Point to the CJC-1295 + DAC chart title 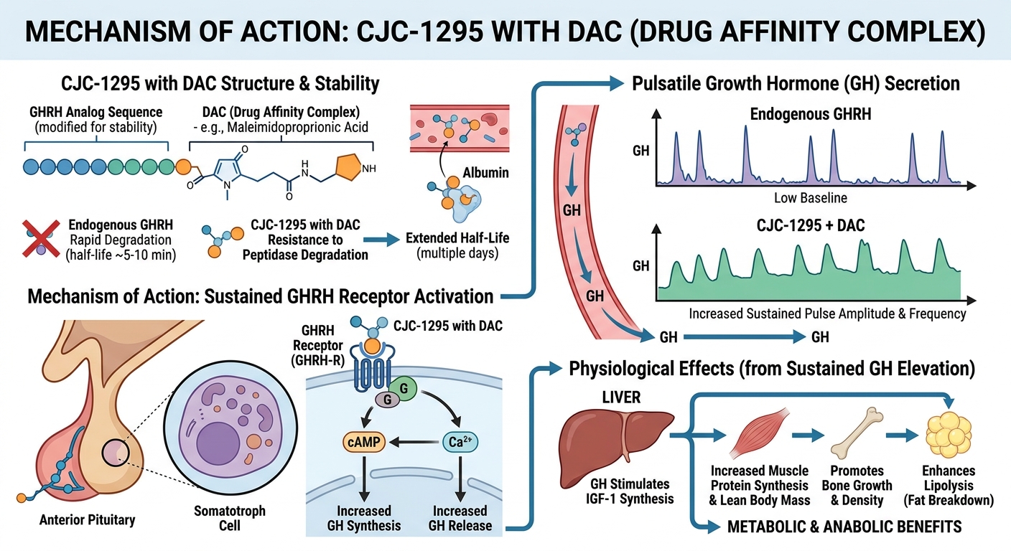[x=811, y=225]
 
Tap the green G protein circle [x=404, y=388]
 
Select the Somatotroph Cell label [x=230, y=518]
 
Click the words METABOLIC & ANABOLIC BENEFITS [x=844, y=527]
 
